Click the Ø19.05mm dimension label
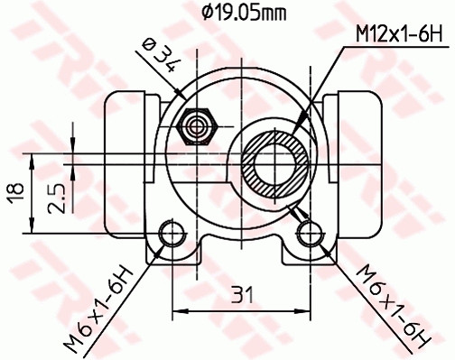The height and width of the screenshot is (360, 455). point(241,11)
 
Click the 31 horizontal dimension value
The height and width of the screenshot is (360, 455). point(239,293)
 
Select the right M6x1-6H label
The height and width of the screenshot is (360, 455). point(391,306)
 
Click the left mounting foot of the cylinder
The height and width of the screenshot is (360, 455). point(181,253)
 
